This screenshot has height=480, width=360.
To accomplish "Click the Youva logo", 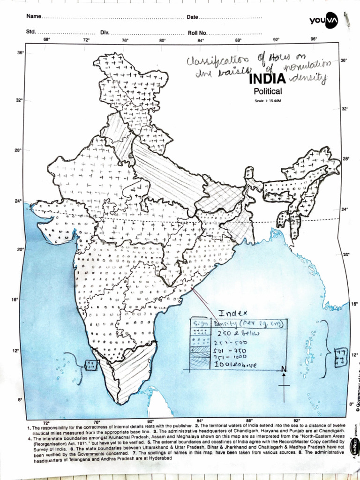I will pyautogui.click(x=323, y=20).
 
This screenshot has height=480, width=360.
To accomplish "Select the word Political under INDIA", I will pyautogui.click(x=268, y=91).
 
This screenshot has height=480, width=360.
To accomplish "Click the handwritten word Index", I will pyautogui.click(x=233, y=313).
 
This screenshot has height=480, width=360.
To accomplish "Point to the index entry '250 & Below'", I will pyautogui.click(x=232, y=333).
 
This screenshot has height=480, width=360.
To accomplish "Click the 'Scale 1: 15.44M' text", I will pyautogui.click(x=267, y=101).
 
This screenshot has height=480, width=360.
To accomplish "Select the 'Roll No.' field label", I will pyautogui.click(x=197, y=33).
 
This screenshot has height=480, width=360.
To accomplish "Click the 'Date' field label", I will pyautogui.click(x=192, y=17).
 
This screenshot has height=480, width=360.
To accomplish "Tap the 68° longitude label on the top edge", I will pyautogui.click(x=47, y=40).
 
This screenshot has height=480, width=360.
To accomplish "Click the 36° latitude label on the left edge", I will pyautogui.click(x=21, y=53).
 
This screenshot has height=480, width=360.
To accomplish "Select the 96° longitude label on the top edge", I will pyautogui.click(x=314, y=39).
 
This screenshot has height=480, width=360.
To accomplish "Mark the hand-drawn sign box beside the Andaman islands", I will pyautogui.click(x=340, y=357).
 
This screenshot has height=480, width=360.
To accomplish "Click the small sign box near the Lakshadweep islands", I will pyautogui.click(x=90, y=364).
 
